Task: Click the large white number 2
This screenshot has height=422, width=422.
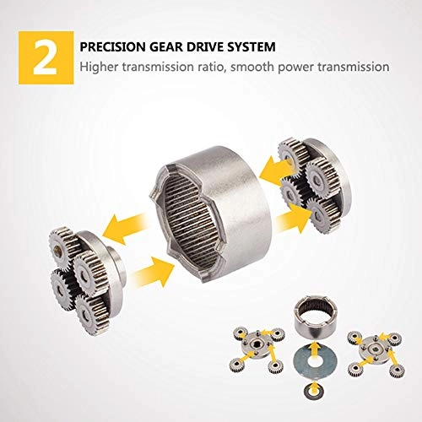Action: [46, 58]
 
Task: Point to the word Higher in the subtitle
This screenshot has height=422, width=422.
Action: [98, 67]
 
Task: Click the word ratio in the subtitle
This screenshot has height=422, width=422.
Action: [210, 67]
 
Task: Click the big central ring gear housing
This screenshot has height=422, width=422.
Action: [208, 214]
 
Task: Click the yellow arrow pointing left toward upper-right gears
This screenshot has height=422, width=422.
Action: [277, 169]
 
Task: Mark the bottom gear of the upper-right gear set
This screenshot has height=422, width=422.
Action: [322, 215]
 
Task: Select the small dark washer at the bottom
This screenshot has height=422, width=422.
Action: [314, 390]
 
